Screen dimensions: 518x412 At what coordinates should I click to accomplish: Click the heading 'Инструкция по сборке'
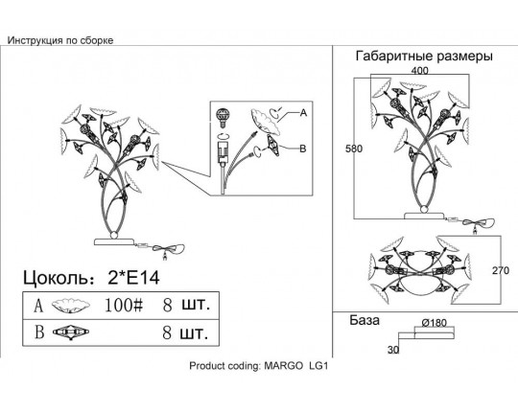pos(60,40)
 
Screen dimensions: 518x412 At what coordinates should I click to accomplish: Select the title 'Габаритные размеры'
pos(424,57)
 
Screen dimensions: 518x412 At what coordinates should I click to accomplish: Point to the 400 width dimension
pos(419,71)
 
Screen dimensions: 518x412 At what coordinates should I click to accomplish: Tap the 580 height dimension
pos(354,149)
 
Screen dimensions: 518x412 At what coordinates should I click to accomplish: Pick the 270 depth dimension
pos(501,270)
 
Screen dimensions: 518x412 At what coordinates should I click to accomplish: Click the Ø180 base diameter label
pos(435,323)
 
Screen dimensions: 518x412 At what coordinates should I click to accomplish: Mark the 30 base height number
pos(393,350)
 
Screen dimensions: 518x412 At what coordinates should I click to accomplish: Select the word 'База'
pos(365,320)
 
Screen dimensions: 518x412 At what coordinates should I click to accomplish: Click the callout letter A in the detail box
pos(303,113)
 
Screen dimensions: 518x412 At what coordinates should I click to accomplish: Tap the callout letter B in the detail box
pos(302,149)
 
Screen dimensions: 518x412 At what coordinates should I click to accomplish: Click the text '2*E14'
pos(133,278)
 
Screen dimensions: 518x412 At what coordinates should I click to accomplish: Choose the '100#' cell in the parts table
pos(124,305)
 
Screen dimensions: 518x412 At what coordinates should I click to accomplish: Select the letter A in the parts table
pos(38,306)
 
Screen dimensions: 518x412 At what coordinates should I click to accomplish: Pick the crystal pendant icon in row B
pos(71,332)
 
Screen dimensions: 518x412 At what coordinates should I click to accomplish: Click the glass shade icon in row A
pos(71,306)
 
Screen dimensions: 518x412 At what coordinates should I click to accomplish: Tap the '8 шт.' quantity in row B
pos(185,332)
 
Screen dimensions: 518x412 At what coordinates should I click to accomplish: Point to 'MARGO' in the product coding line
pos(283,366)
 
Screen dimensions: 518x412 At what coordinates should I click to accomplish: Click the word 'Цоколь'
pos(57,278)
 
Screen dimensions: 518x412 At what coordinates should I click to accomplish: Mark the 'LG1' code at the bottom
pos(318,366)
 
